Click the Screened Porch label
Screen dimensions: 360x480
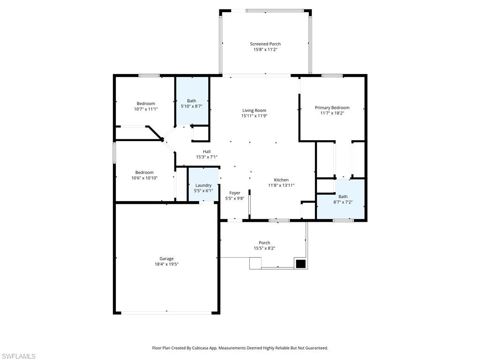[265, 44]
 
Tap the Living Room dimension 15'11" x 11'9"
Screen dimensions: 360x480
[254, 116]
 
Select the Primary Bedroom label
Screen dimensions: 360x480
[332, 108]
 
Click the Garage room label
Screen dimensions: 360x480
[166, 259]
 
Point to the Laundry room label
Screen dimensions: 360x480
[203, 185]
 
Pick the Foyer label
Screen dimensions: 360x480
[234, 193]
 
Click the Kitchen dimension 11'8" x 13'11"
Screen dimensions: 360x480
[281, 185]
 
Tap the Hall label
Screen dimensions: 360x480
[207, 151]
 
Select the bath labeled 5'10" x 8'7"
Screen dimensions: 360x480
[191, 104]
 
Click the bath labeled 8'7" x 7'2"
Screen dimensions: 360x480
[343, 199]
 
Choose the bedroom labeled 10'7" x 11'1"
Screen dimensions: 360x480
[146, 106]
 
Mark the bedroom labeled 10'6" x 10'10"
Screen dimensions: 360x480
[144, 175]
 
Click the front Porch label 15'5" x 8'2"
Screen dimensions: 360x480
[264, 246]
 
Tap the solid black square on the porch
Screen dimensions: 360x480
[300, 263]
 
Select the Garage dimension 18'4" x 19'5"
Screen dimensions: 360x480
[166, 264]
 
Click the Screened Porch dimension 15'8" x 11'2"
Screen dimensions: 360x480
[265, 50]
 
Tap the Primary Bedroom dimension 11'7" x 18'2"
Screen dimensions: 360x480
[332, 113]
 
